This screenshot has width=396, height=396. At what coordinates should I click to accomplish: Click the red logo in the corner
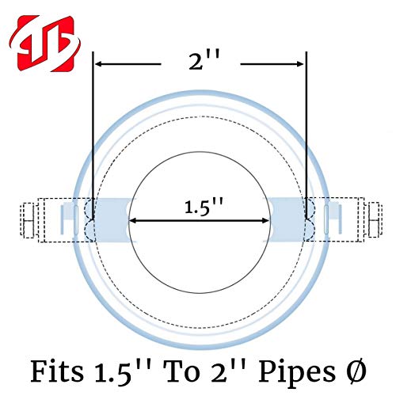45,44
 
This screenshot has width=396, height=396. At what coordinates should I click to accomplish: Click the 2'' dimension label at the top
204,61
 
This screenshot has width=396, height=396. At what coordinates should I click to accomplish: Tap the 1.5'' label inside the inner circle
204,207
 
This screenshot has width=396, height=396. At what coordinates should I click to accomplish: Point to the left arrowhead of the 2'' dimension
99,64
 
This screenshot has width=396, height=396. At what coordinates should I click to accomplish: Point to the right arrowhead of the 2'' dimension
300,64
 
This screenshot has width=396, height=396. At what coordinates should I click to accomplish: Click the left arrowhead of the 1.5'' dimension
133,221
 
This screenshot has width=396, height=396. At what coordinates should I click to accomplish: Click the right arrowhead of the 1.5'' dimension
265,221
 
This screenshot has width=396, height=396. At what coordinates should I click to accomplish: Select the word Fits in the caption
57,371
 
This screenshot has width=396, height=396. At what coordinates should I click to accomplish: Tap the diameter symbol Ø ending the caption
356,371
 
